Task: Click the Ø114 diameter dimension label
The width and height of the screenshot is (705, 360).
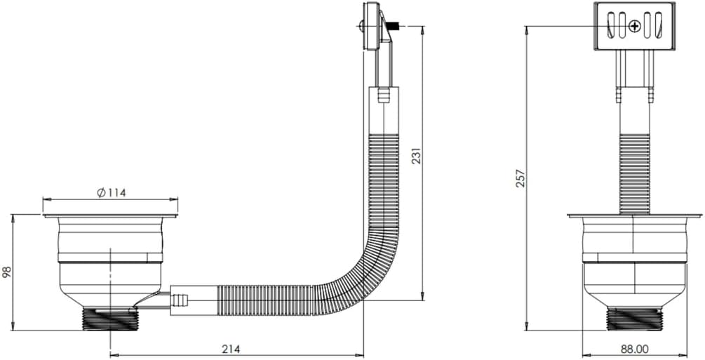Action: pyautogui.click(x=111, y=192)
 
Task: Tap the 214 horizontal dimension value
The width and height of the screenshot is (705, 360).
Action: pyautogui.click(x=231, y=349)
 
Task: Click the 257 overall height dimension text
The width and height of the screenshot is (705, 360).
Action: pyautogui.click(x=521, y=178)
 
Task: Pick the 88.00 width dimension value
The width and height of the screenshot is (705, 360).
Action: pyautogui.click(x=635, y=349)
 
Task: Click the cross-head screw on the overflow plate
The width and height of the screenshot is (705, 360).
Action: pyautogui.click(x=634, y=27)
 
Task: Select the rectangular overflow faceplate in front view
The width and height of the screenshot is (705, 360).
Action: pyautogui.click(x=634, y=26)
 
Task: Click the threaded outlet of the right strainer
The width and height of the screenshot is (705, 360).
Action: pyautogui.click(x=634, y=319)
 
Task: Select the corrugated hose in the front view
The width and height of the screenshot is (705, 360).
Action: pyautogui.click(x=634, y=173)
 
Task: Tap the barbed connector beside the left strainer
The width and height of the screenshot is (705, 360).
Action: pyautogui.click(x=180, y=299)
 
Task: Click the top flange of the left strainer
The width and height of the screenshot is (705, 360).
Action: pyautogui.click(x=111, y=215)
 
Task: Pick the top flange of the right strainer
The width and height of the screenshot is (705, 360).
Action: pyautogui.click(x=634, y=215)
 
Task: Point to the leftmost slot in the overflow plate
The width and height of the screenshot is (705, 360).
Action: pyautogui.click(x=611, y=26)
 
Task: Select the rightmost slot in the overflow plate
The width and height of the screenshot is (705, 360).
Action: pyautogui.click(x=658, y=26)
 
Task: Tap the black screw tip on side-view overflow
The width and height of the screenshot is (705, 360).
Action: pyautogui.click(x=396, y=27)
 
